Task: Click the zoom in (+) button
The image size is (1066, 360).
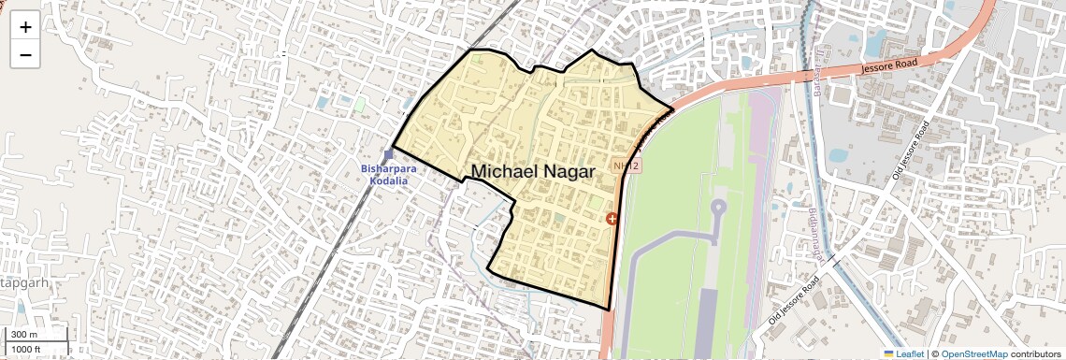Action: click(25, 27)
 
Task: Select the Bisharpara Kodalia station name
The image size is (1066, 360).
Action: click(389, 174)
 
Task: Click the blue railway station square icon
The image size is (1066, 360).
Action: click(388, 155)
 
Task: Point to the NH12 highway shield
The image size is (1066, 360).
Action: click(626, 166)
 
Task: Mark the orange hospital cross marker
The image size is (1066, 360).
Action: click(612, 219)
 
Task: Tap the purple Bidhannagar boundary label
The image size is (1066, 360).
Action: click(813, 234)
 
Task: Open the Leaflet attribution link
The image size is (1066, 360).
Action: click(904, 353)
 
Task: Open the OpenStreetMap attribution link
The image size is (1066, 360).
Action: click(973, 353)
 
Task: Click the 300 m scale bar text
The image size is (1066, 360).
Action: click(25, 335)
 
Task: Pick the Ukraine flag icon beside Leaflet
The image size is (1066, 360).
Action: click(888, 353)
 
